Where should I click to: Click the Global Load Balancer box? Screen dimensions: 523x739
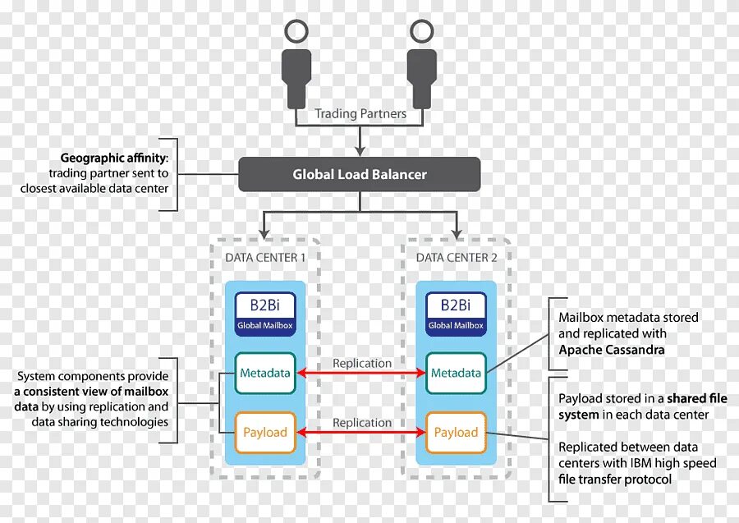[x=360, y=174]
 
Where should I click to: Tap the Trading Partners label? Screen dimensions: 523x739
[x=360, y=114]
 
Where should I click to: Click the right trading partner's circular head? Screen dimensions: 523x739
[x=420, y=32]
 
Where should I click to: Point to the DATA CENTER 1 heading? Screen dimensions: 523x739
[x=265, y=257]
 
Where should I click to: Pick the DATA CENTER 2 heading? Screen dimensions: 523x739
[x=457, y=257]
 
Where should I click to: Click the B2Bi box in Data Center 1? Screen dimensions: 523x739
[x=265, y=313]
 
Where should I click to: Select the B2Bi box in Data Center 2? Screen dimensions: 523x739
[x=456, y=313]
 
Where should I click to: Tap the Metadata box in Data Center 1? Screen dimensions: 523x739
[x=265, y=373]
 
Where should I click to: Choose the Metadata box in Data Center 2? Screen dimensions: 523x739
[x=456, y=373]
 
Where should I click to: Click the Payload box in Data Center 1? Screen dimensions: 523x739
[x=265, y=432]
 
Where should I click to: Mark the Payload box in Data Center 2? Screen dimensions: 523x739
[x=456, y=432]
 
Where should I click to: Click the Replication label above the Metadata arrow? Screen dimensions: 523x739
[x=362, y=363]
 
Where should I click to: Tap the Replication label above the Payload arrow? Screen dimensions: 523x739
[x=362, y=422]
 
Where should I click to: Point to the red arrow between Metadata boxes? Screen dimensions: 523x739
[x=361, y=374]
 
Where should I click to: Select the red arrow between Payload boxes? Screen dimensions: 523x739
[x=361, y=433]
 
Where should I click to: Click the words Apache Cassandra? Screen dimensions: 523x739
[x=612, y=350]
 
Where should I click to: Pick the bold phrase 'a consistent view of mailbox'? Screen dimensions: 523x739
[x=90, y=392]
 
